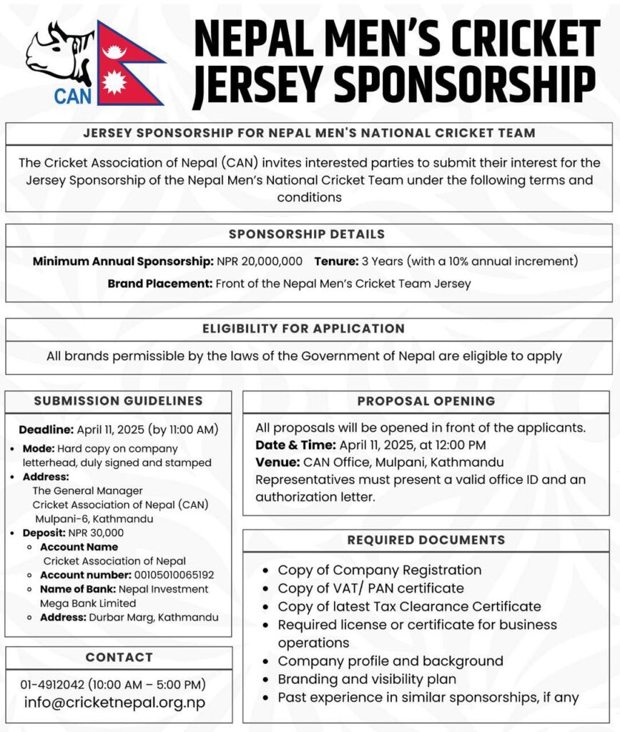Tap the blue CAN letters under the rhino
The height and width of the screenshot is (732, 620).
(73, 95)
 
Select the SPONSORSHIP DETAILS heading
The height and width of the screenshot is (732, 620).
(307, 234)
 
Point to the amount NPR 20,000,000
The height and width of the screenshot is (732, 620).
(261, 262)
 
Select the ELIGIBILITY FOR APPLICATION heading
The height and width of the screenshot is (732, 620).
(303, 329)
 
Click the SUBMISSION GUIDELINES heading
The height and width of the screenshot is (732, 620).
(118, 401)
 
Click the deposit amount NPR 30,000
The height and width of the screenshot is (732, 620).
(96, 533)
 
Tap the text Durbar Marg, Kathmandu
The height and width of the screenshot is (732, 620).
(154, 617)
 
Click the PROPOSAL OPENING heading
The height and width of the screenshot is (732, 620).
(426, 401)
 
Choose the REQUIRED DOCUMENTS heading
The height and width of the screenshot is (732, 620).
(426, 540)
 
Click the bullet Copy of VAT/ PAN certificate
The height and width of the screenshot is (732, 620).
(370, 588)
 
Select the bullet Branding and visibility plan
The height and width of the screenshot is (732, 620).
(367, 679)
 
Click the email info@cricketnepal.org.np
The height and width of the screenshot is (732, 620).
(114, 703)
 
